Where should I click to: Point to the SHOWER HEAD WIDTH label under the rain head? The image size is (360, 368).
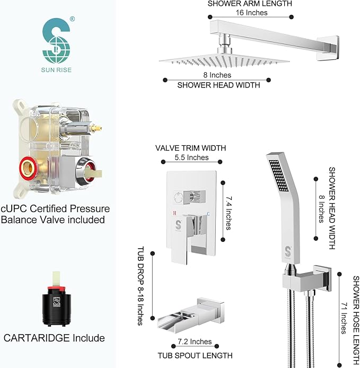coord(218,85)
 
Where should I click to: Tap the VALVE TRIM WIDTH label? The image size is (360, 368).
coord(191,148)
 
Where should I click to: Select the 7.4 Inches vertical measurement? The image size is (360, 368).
coord(227,211)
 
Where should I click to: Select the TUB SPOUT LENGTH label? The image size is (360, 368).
coord(195,354)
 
